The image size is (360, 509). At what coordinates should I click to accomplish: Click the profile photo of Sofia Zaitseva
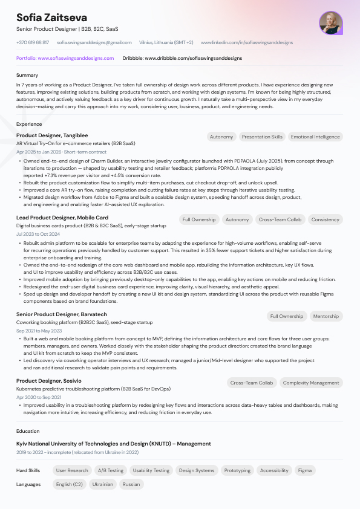pyautogui.click(x=331, y=23)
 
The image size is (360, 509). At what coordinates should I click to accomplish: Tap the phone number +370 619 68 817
pyautogui.click(x=33, y=43)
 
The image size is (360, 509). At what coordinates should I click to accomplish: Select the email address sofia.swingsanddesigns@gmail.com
pyautogui.click(x=94, y=43)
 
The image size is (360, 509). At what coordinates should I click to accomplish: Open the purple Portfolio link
pyautogui.click(x=65, y=58)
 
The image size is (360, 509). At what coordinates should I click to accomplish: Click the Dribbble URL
pyautogui.click(x=182, y=58)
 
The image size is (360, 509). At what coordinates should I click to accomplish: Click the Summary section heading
pyautogui.click(x=27, y=75)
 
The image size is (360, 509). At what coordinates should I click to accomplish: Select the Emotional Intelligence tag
pyautogui.click(x=315, y=137)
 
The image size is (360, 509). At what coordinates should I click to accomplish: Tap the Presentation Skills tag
pyautogui.click(x=262, y=137)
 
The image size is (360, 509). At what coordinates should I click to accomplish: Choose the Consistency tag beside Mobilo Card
pyautogui.click(x=326, y=219)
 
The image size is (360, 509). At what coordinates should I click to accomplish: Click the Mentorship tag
pyautogui.click(x=326, y=316)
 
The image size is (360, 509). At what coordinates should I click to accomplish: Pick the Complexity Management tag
pyautogui.click(x=311, y=383)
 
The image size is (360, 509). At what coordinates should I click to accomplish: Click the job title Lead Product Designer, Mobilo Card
pyautogui.click(x=62, y=218)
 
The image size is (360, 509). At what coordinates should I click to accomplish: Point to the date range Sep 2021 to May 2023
pyautogui.click(x=39, y=331)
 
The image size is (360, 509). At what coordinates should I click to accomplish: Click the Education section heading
pyautogui.click(x=28, y=431)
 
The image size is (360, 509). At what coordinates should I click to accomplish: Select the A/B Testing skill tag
pyautogui.click(x=110, y=470)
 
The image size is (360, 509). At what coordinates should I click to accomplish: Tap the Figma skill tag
pyautogui.click(x=305, y=470)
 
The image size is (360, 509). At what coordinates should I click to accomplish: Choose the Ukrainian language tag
pyautogui.click(x=102, y=484)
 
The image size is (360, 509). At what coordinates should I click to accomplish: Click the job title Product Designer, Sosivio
pyautogui.click(x=48, y=381)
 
